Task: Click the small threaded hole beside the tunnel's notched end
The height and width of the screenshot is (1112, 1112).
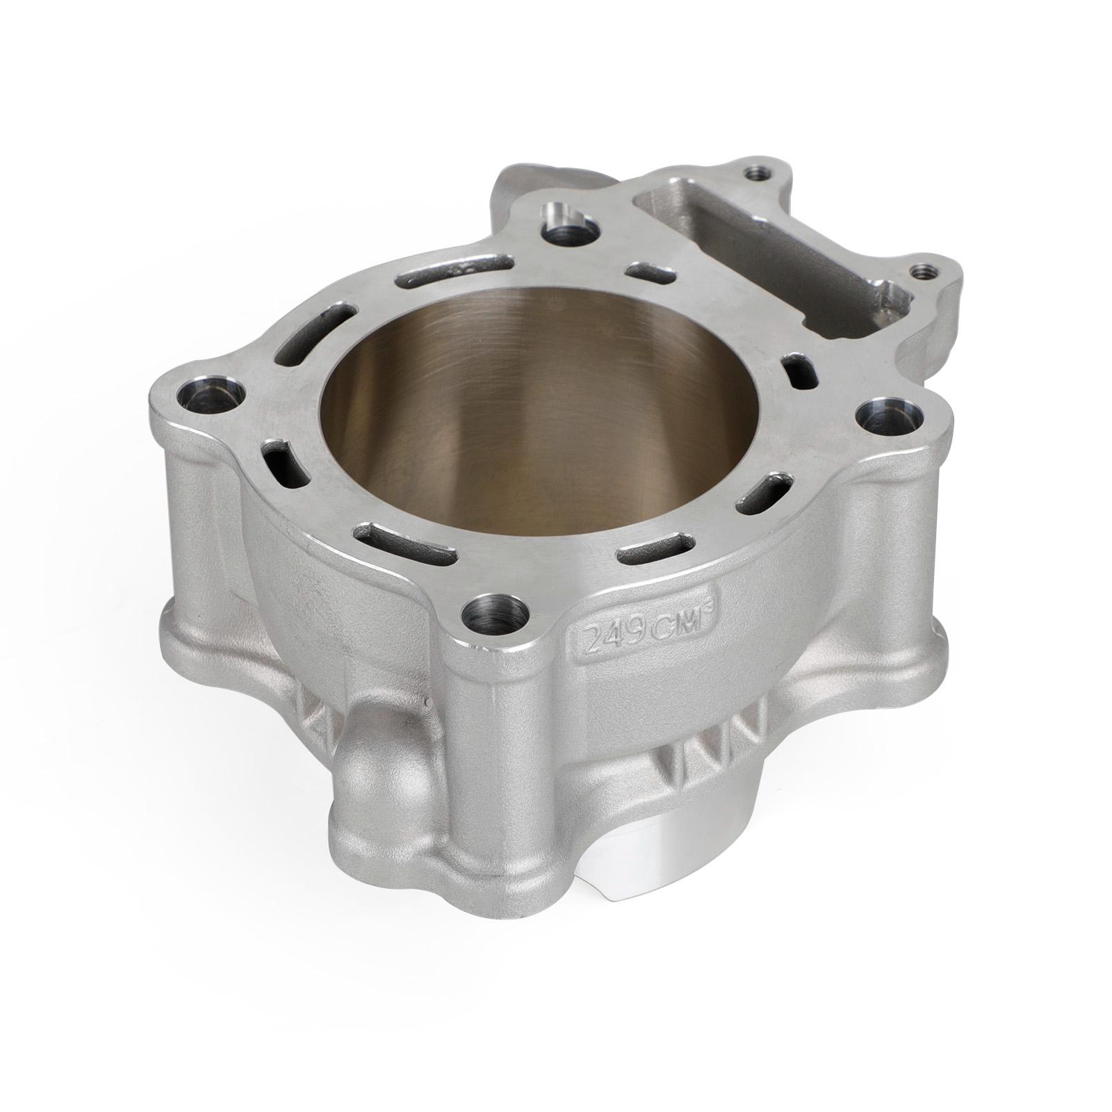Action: tap(922, 272)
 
